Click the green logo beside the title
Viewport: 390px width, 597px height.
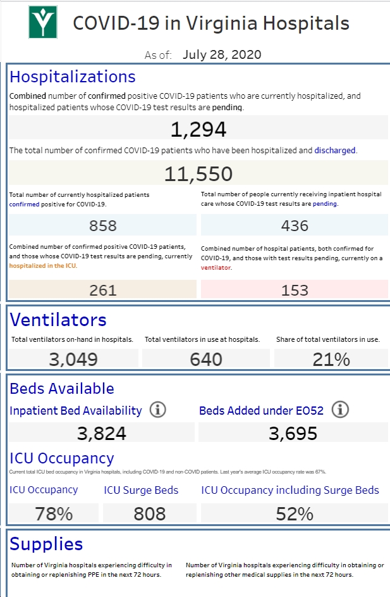(43, 22)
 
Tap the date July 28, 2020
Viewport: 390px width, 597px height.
(222, 54)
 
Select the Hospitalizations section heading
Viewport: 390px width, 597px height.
(73, 77)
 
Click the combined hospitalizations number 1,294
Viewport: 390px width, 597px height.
(198, 129)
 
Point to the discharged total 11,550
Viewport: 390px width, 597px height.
(198, 174)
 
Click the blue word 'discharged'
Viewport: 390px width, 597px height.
(335, 151)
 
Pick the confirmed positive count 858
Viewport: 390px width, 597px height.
(102, 226)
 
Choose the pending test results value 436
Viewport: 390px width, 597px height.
(295, 226)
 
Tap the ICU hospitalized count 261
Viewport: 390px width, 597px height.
(102, 291)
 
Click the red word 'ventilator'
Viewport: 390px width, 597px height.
(216, 268)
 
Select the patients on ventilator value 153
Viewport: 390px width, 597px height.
(295, 291)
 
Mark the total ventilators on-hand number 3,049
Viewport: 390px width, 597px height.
(73, 360)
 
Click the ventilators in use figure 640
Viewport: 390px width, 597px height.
(206, 360)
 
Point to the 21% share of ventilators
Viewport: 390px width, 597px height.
(331, 360)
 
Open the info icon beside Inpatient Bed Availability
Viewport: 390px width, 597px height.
(157, 410)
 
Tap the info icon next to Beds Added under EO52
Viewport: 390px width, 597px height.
(340, 410)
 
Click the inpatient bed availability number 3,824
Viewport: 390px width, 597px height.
(102, 433)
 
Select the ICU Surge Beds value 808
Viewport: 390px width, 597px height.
(150, 513)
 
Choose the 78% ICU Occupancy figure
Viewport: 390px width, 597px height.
(54, 513)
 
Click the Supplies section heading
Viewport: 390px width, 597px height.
(46, 544)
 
